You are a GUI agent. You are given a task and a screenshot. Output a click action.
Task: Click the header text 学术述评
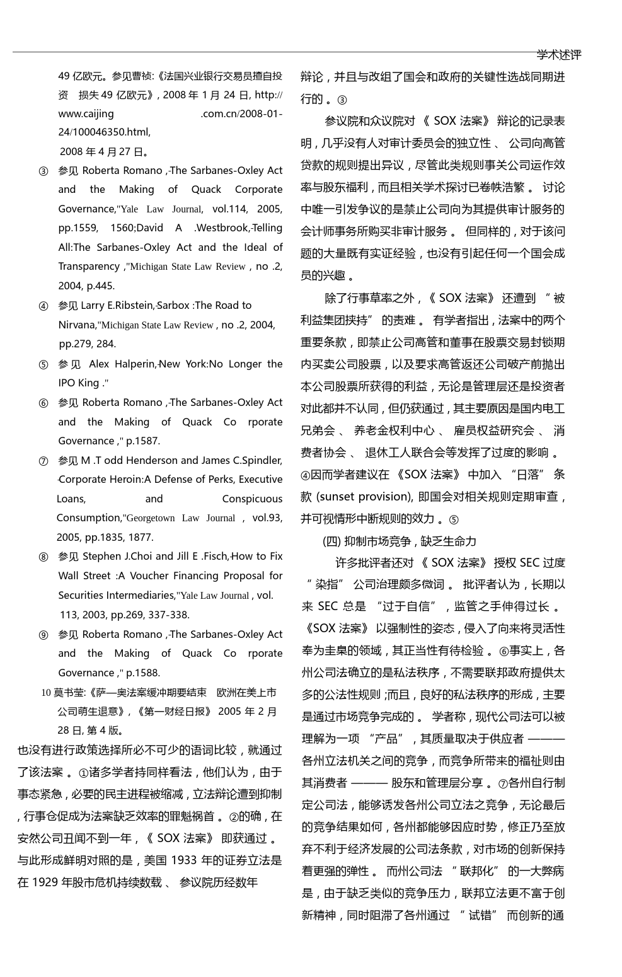(x=558, y=55)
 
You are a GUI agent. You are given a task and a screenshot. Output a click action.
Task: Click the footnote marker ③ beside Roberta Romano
(x=43, y=171)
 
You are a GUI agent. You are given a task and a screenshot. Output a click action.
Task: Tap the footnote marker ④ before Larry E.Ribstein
(x=43, y=306)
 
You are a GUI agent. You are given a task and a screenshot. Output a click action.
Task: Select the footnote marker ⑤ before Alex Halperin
(x=43, y=364)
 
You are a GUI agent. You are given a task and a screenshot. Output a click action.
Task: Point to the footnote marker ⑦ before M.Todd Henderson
(x=43, y=461)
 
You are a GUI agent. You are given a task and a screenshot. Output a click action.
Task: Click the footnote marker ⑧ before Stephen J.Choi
(x=43, y=557)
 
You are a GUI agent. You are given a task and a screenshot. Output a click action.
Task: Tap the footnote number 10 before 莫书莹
(x=46, y=693)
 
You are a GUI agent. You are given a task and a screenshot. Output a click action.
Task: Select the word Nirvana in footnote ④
(x=76, y=325)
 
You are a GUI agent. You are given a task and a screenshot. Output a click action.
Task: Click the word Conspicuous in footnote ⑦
(x=252, y=499)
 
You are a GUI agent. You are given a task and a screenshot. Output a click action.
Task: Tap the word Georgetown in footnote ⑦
(x=151, y=518)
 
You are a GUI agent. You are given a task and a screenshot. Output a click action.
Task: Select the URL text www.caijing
(x=86, y=114)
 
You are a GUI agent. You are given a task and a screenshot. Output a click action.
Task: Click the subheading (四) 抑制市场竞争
(x=367, y=541)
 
